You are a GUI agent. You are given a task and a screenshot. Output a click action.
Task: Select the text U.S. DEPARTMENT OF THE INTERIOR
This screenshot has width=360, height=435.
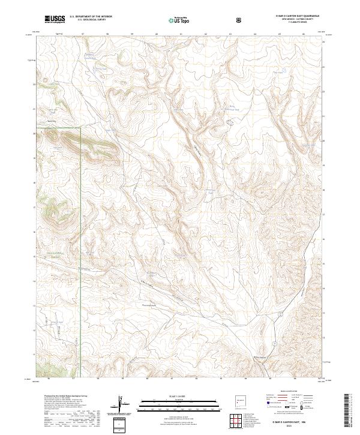[91, 17]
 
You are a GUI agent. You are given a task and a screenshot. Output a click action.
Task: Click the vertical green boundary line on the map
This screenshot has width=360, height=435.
[81, 252]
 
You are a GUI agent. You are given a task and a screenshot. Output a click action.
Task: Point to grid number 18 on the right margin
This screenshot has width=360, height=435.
[325, 190]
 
